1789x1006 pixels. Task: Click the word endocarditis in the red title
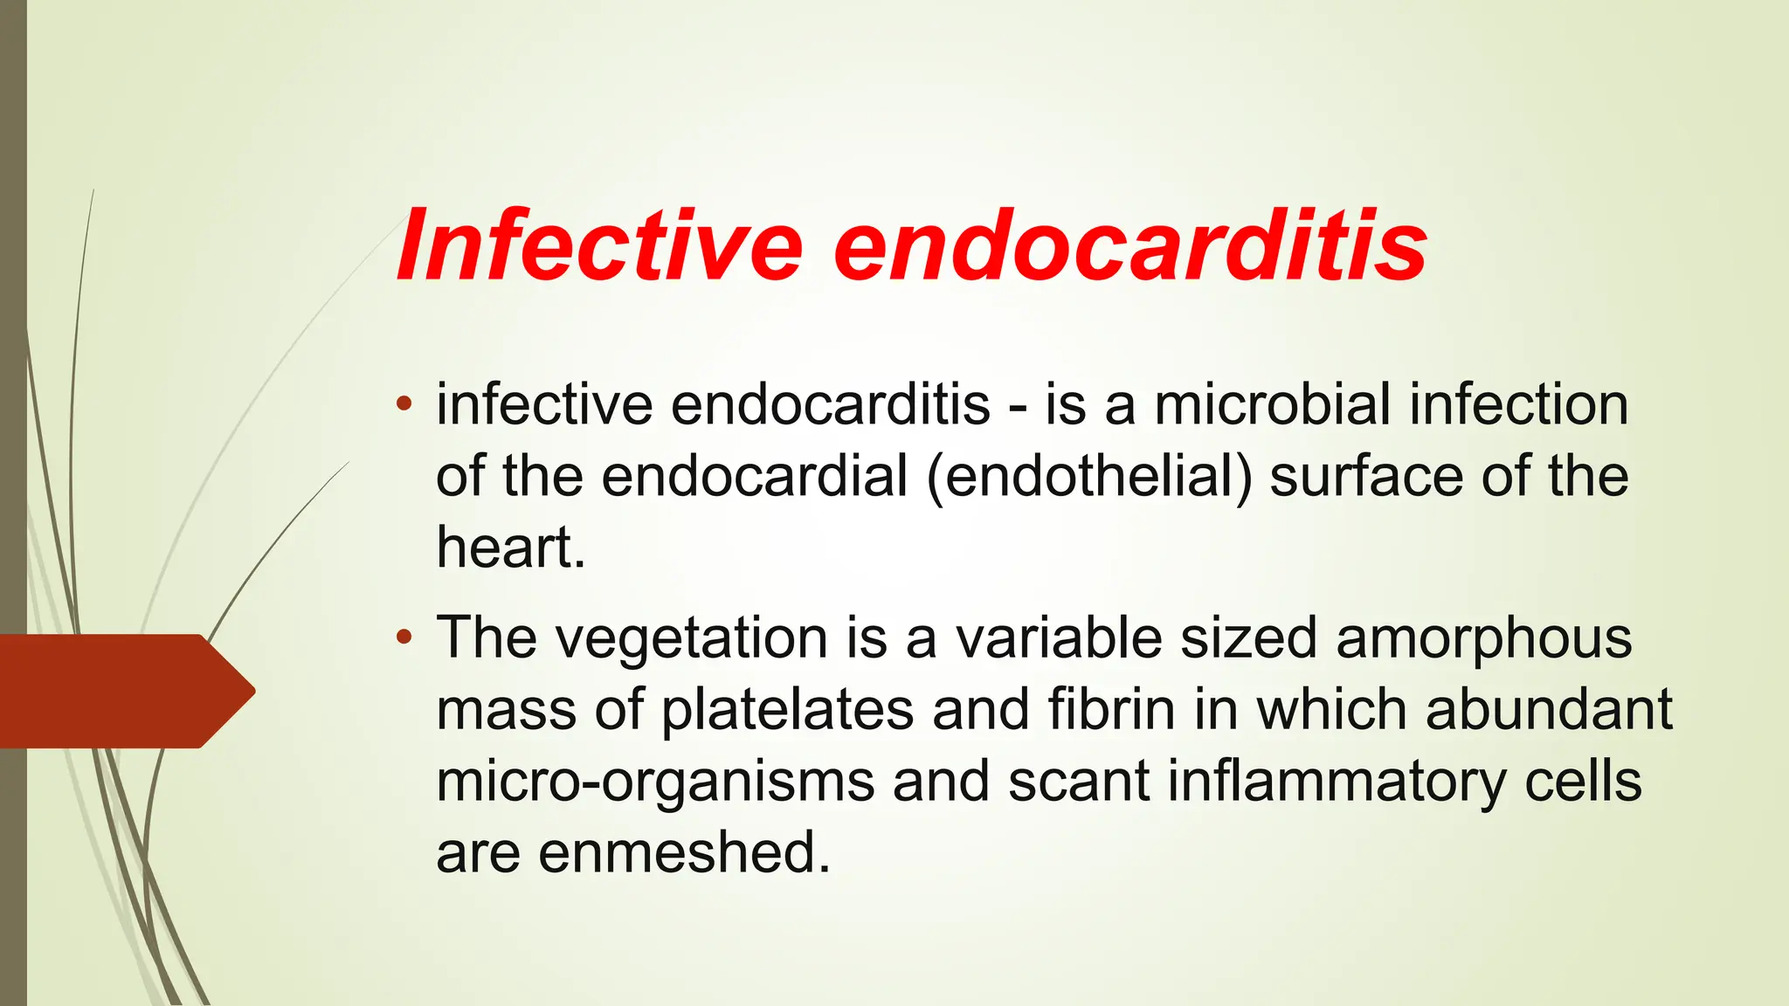point(1130,246)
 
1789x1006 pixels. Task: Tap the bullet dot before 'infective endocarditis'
point(403,404)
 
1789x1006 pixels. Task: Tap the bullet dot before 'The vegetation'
point(403,637)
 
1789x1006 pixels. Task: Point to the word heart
point(510,548)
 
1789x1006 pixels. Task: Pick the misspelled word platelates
point(787,711)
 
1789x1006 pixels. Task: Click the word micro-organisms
point(655,782)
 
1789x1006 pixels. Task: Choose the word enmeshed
point(683,852)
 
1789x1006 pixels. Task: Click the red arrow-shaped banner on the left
point(122,691)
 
